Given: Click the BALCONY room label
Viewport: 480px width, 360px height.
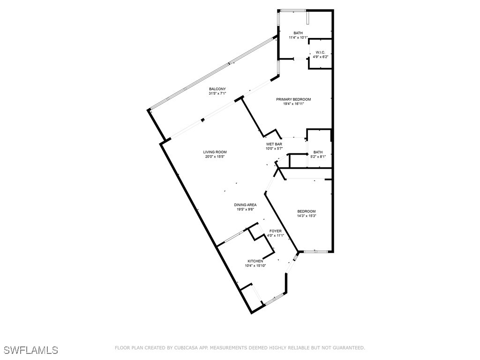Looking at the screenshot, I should [217, 89].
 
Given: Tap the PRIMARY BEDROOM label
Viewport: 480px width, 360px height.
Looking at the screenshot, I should [293, 99].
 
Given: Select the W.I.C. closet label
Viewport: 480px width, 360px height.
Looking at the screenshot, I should [320, 52].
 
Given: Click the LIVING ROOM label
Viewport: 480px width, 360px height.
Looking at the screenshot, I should [215, 152].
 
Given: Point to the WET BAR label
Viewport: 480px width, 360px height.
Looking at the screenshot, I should [274, 144].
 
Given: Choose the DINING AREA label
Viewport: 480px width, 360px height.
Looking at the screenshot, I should [245, 205].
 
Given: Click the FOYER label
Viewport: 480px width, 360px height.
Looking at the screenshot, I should [275, 231].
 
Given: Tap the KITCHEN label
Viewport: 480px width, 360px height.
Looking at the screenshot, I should [255, 261].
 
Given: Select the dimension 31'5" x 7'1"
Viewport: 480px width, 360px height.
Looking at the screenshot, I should [217, 94].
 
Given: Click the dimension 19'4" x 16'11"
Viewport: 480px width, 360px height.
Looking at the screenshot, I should [293, 104].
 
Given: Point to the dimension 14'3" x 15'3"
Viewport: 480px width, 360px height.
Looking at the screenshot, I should [306, 216].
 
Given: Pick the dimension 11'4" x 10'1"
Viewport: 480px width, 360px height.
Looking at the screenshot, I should [298, 37].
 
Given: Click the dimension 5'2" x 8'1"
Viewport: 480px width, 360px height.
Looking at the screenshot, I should [318, 157].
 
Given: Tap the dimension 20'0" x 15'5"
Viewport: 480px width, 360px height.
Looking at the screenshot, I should [215, 157].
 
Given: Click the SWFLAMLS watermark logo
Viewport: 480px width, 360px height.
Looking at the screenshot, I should [31, 350].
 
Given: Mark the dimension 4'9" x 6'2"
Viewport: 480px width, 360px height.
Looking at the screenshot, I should [320, 57].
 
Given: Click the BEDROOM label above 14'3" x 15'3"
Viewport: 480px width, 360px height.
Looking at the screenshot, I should [306, 211].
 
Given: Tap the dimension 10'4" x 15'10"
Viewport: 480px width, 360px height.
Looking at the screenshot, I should [255, 266].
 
